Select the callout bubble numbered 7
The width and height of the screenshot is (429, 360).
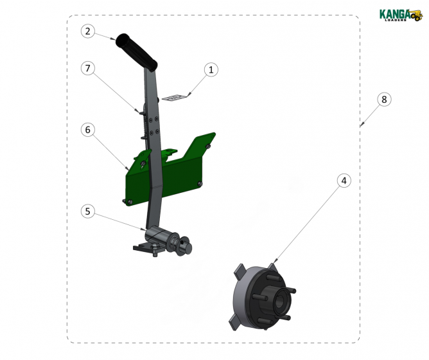[89, 67]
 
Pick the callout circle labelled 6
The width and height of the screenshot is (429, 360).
[89, 129]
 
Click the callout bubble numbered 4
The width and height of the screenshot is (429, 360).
[344, 181]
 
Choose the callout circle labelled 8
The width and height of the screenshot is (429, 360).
[383, 100]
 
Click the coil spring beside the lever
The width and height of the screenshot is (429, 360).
[140, 118]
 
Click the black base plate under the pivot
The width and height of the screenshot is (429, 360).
[146, 247]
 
